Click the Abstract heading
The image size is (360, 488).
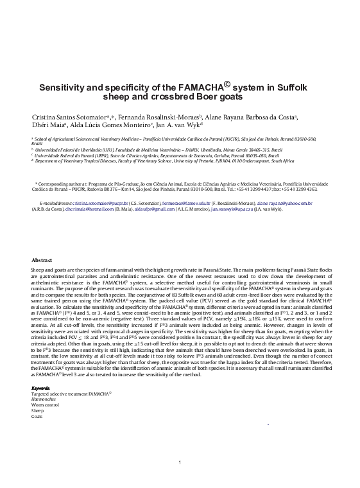coord(42,259)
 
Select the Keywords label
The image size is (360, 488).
coord(42,388)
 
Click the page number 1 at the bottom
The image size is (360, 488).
coord(180,462)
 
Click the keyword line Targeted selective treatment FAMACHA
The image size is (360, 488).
coord(71,393)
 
